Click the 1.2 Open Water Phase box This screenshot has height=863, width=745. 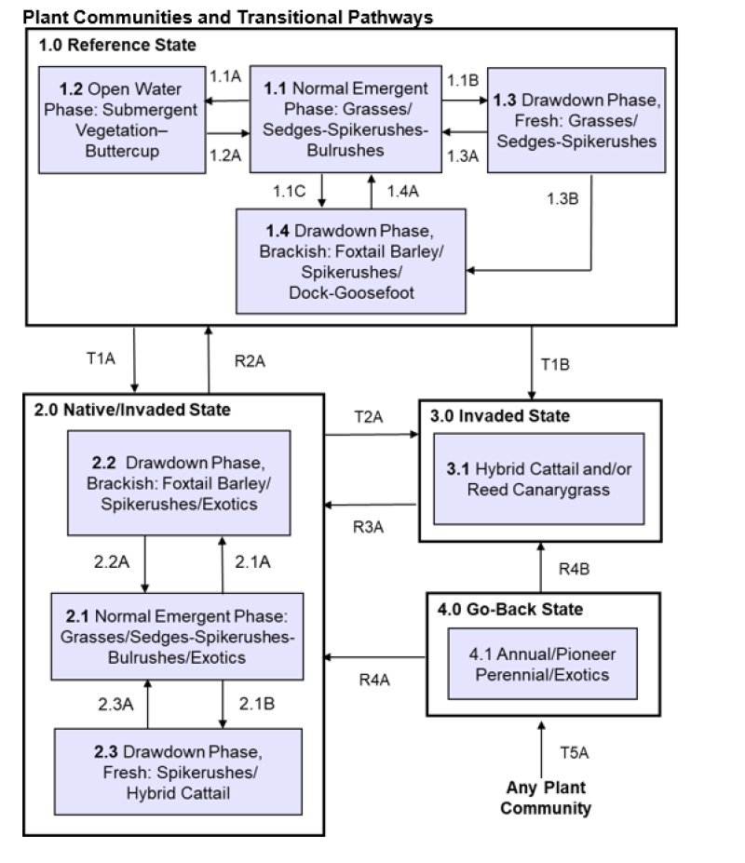(x=122, y=119)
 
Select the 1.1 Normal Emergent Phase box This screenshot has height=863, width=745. (x=345, y=118)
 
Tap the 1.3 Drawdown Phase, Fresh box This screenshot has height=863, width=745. (x=576, y=120)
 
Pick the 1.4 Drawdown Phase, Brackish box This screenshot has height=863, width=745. (x=350, y=260)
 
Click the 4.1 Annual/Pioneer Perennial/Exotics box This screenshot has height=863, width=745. (x=544, y=663)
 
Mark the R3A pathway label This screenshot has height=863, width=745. (x=370, y=524)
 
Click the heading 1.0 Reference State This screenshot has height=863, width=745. (x=117, y=45)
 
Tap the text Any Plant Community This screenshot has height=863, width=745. (x=545, y=798)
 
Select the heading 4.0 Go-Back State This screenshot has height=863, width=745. (x=510, y=610)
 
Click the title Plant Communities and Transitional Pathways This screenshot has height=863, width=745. (x=228, y=17)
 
